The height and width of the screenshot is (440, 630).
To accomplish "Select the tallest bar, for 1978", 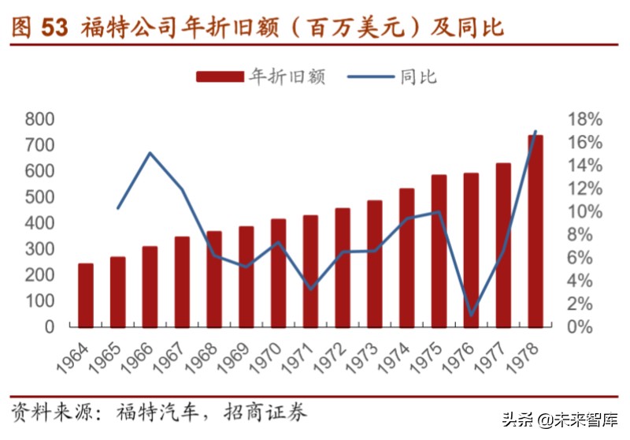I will pyautogui.click(x=535, y=231).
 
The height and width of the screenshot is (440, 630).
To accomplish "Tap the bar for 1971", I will pyautogui.click(x=310, y=270).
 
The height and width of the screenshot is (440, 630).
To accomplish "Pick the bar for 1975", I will pyautogui.click(x=439, y=251).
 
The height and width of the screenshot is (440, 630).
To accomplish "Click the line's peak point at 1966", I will pyautogui.click(x=150, y=153).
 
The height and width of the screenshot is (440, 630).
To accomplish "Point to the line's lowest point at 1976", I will pyautogui.click(x=471, y=315).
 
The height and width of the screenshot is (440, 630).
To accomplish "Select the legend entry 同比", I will pyautogui.click(x=418, y=76).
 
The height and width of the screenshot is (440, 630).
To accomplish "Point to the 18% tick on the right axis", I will pyautogui.click(x=584, y=119).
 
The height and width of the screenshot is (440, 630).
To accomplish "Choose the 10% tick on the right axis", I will pyautogui.click(x=584, y=211).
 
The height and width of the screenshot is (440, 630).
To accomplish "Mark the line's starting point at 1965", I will pyautogui.click(x=118, y=208).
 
